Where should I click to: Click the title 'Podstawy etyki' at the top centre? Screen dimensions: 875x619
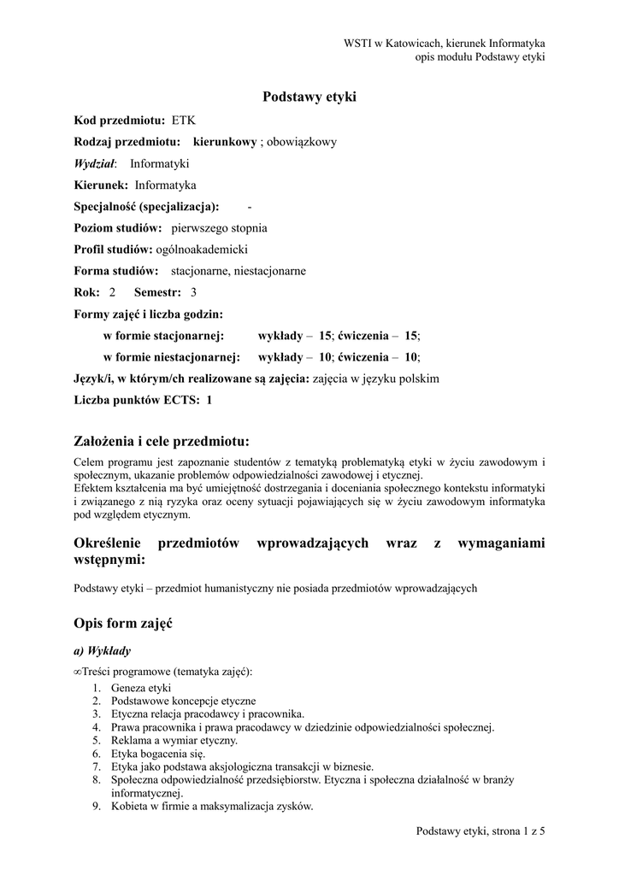[309, 97]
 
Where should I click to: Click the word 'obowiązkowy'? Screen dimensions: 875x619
[303, 142]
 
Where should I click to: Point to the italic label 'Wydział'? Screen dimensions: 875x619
[95, 163]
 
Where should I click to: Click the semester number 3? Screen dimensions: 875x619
[193, 293]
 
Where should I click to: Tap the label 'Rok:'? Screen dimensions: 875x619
[87, 293]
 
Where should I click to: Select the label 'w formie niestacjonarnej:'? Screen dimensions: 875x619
[171, 357]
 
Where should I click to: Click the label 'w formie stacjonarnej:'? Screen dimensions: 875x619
[163, 336]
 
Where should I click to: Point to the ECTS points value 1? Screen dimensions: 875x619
[209, 400]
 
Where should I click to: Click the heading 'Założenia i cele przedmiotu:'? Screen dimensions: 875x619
[162, 442]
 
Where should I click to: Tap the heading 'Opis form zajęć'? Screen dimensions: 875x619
[123, 624]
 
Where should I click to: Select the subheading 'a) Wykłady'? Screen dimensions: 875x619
[103, 651]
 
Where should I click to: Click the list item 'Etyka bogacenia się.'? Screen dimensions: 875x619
[158, 754]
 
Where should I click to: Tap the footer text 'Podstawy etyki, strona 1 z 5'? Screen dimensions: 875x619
[480, 830]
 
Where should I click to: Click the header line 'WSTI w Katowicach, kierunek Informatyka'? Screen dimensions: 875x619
[445, 43]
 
